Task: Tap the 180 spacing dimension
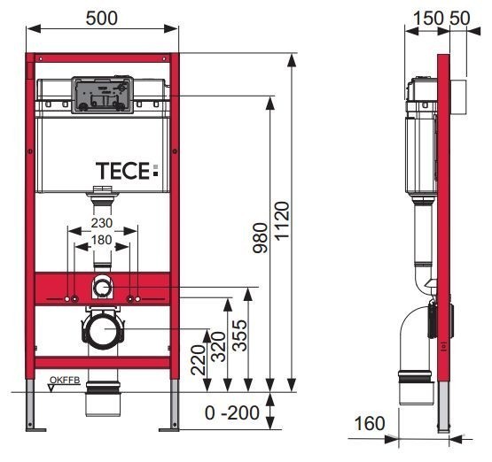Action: click(x=102, y=241)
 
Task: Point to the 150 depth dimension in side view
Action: click(x=421, y=17)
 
